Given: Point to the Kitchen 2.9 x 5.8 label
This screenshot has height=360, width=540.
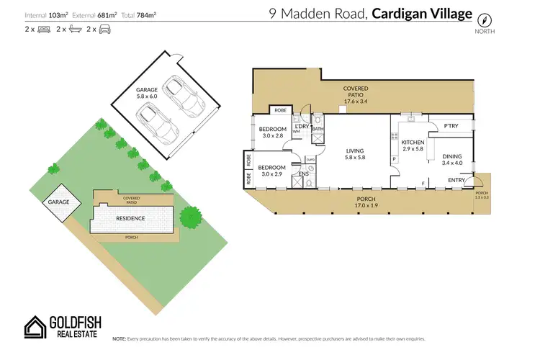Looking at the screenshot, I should pyautogui.click(x=413, y=145).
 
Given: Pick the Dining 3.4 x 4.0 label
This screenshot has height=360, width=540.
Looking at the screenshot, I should pyautogui.click(x=452, y=159).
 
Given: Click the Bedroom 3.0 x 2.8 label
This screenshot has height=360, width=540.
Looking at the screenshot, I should pyautogui.click(x=273, y=132).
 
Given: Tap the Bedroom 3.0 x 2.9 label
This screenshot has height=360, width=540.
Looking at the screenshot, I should pyautogui.click(x=273, y=170).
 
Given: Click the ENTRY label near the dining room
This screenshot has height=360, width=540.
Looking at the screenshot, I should pyautogui.click(x=456, y=180).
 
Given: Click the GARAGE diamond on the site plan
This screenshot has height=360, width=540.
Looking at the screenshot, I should pyautogui.click(x=59, y=202).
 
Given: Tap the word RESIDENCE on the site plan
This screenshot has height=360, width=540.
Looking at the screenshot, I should pyautogui.click(x=131, y=218).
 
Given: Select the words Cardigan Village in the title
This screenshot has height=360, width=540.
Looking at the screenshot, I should pyautogui.click(x=423, y=14).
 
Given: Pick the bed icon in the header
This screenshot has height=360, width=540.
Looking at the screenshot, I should pyautogui.click(x=42, y=30).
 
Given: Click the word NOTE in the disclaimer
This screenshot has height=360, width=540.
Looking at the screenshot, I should pyautogui.click(x=120, y=338).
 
